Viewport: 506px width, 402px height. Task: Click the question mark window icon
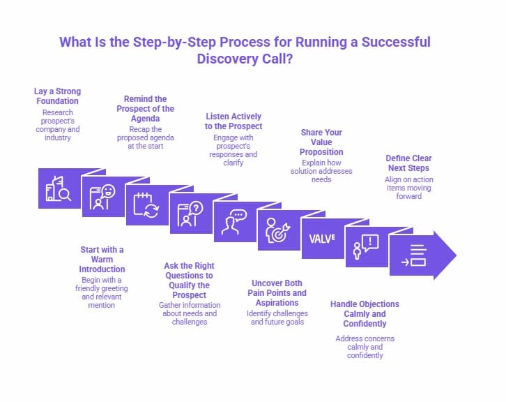[x=190, y=214]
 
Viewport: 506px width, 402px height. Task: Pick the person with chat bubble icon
[x=234, y=223]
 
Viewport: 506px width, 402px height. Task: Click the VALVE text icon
[x=322, y=238]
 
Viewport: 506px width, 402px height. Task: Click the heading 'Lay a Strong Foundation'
[x=57, y=96]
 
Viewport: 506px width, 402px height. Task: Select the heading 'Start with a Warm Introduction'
[x=102, y=259]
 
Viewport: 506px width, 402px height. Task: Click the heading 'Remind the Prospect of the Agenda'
[x=145, y=109]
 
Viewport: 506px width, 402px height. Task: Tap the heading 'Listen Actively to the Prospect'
[x=233, y=121]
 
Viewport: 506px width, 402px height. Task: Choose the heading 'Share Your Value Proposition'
[x=321, y=142]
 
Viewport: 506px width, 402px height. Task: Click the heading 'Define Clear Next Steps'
[x=407, y=163]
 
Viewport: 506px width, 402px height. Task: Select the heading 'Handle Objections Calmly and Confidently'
[x=365, y=313]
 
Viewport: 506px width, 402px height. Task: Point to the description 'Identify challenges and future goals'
[x=277, y=318]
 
